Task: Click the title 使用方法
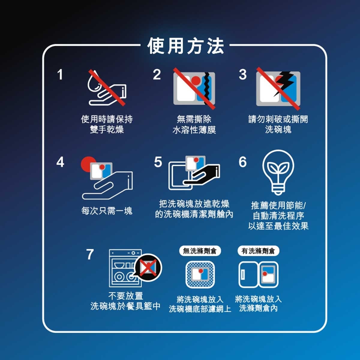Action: (x=185, y=46)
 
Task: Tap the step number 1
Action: (x=60, y=74)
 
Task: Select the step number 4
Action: (x=60, y=162)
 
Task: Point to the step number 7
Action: (x=90, y=254)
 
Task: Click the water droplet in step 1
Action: (x=93, y=83)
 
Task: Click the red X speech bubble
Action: (x=148, y=267)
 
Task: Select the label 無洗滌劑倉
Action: (x=200, y=251)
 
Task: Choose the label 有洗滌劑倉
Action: (x=258, y=251)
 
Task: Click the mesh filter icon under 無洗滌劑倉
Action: (x=200, y=274)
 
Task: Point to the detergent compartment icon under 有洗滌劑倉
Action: (x=258, y=274)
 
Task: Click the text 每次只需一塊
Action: (x=106, y=211)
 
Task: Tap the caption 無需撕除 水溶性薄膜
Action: (x=194, y=124)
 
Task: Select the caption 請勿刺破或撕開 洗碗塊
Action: (x=278, y=124)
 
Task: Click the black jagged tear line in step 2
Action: (x=207, y=88)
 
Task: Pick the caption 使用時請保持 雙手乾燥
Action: (x=107, y=124)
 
